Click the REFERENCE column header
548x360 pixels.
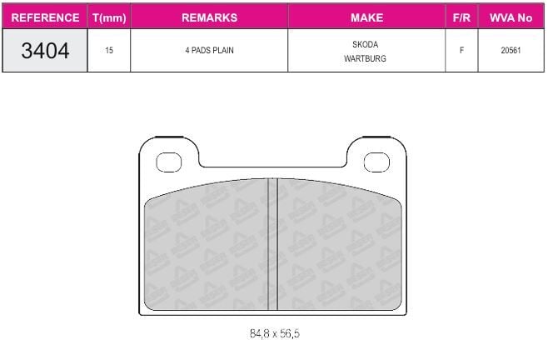coord(45,17)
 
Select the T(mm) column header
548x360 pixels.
coord(109,17)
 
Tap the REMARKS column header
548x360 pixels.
coord(209,17)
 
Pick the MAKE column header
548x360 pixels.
coord(366,17)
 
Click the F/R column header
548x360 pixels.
coord(461,17)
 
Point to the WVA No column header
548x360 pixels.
coord(511,17)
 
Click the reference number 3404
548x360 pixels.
coord(45,50)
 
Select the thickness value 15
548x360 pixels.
coord(109,50)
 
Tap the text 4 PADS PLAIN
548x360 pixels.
coord(209,50)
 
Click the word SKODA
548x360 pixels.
coord(366,44)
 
